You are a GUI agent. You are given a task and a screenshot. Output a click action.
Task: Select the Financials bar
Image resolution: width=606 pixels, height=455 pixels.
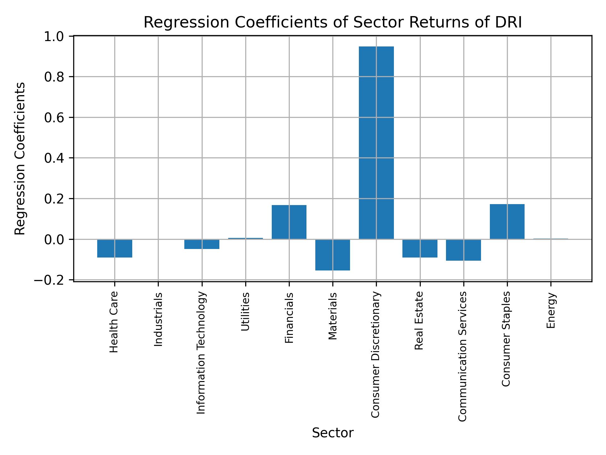[289, 222]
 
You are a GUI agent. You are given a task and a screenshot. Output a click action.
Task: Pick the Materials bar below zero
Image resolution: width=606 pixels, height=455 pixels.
[333, 255]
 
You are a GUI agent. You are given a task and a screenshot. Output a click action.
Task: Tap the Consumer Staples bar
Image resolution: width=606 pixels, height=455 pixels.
[507, 221]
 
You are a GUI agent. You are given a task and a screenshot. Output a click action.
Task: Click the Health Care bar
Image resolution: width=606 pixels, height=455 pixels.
[115, 248]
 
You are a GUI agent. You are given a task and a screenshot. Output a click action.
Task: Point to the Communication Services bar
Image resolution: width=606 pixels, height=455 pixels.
[463, 250]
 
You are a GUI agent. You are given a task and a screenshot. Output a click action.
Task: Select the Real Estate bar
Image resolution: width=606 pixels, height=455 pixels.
[420, 248]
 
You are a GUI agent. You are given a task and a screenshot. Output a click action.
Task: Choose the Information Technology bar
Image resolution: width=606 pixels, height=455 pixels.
[202, 244]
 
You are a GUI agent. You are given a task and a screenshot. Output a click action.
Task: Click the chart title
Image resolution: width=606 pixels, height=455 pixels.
[333, 23]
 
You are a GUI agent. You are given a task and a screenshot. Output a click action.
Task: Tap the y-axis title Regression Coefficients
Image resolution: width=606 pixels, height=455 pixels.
[20, 159]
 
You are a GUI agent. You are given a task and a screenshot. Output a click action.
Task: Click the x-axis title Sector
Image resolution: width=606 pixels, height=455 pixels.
[333, 433]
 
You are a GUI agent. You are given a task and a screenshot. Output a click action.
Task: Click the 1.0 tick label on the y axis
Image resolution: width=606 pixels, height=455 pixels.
[54, 37]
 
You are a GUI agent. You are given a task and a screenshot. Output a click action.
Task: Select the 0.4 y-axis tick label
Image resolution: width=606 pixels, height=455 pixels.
[54, 158]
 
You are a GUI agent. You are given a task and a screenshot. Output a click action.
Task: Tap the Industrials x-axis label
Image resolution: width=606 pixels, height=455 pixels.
[158, 319]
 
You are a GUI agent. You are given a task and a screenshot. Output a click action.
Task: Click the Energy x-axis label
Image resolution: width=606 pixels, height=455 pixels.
[551, 310]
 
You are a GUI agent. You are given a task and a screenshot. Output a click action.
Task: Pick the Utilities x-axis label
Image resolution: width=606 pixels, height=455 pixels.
[246, 312]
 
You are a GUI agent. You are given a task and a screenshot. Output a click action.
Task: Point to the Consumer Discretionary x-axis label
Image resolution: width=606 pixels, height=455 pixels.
[376, 355]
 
